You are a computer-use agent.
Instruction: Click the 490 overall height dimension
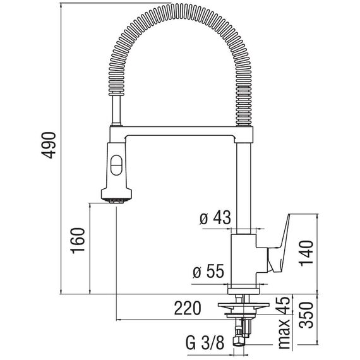pos(49,145)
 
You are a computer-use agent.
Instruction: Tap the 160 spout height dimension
pos(78,241)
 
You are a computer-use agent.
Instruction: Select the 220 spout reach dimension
pos(188,308)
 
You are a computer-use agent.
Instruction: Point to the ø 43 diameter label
pos(215,217)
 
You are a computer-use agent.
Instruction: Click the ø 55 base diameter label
pos(208,271)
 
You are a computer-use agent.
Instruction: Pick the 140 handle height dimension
pos(306,253)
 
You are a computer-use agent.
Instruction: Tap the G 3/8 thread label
pos(205,343)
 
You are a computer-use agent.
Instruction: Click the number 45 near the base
pos(284,306)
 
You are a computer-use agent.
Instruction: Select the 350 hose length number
pos(307,315)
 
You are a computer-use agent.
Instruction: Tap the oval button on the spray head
pos(116,165)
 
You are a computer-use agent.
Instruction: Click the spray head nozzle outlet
pos(117,201)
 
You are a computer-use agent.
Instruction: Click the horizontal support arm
pos(181,131)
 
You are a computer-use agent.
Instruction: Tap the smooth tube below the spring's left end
pos(116,110)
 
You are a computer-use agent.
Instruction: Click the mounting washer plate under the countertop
pos(243,305)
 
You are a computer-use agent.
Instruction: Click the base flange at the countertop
pos(243,291)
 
